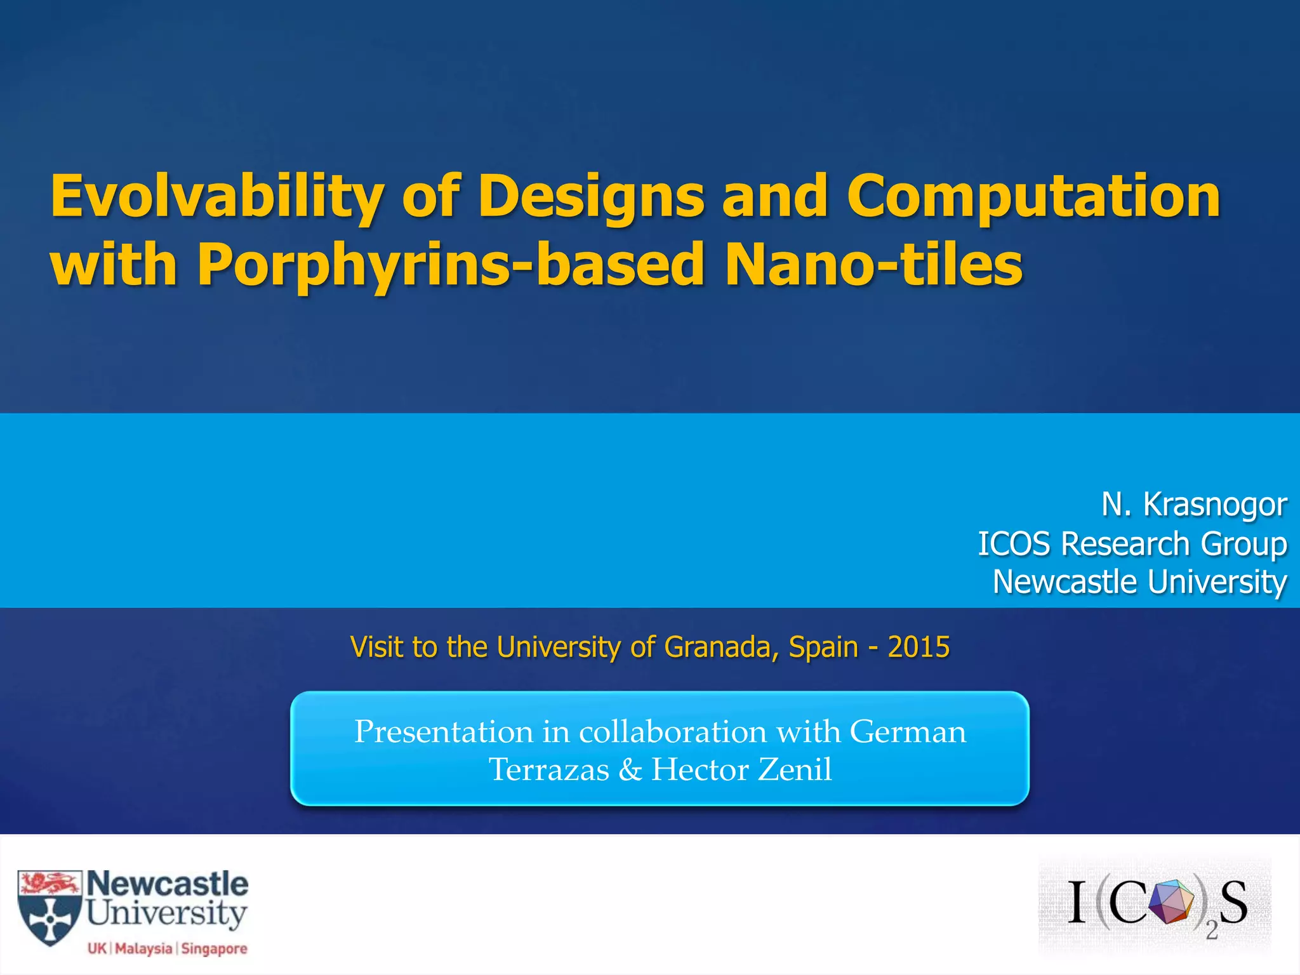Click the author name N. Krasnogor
[x=1194, y=505]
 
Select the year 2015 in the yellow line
[x=919, y=647]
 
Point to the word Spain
[x=823, y=647]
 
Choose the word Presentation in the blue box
[x=443, y=731]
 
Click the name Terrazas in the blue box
[x=548, y=769]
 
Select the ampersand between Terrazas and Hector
[x=630, y=770]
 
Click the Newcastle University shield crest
[x=50, y=908]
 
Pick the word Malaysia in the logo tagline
[x=143, y=949]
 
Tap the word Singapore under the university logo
[x=214, y=949]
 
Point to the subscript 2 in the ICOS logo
[x=1211, y=931]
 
